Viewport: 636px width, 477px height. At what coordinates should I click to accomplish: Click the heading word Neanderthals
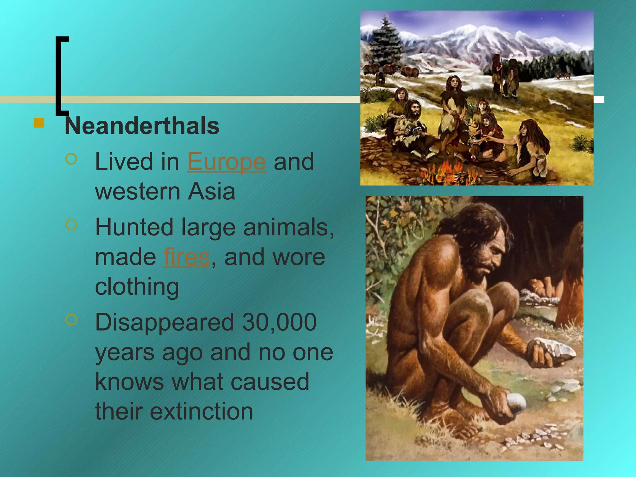pos(142,126)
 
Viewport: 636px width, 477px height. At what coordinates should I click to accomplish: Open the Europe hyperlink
pos(226,162)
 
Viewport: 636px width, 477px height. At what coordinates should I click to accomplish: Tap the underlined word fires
pos(187,257)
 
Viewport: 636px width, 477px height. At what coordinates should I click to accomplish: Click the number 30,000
pos(279,322)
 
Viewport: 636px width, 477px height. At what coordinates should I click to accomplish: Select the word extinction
pos(202,411)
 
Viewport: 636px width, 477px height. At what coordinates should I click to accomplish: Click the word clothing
pos(137,286)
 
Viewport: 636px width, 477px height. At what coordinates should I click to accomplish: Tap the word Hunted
pos(134,227)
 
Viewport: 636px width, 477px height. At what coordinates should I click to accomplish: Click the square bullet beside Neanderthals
pos(39,123)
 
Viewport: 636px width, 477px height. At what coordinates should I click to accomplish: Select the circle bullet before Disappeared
pos(71,319)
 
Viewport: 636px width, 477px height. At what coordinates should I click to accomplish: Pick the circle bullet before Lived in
pos(71,159)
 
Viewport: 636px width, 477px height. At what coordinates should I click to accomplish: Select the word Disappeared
pos(164,322)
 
